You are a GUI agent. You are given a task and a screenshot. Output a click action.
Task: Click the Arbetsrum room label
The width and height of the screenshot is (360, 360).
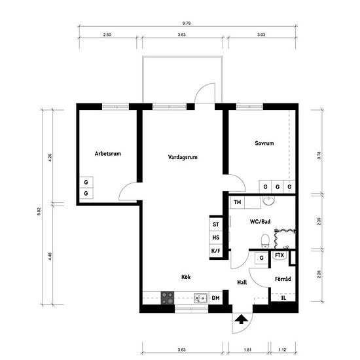(108, 154)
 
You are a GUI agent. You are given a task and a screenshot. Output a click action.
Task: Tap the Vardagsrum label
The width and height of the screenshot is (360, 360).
(183, 157)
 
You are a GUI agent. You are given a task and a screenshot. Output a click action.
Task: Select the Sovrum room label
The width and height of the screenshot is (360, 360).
(264, 143)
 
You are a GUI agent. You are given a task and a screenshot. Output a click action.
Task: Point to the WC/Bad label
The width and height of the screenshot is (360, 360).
(260, 221)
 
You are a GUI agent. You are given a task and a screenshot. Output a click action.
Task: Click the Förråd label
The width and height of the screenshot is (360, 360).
(283, 279)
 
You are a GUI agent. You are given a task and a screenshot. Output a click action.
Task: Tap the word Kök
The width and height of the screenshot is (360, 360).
(186, 277)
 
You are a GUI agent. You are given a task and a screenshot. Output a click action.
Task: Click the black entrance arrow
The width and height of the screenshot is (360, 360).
(241, 319)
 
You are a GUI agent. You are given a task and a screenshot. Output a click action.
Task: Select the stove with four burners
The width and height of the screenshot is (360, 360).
(168, 298)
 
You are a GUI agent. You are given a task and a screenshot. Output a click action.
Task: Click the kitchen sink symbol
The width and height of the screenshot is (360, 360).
(200, 298)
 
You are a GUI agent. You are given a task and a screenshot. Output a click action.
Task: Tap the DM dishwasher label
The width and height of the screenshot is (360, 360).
(215, 298)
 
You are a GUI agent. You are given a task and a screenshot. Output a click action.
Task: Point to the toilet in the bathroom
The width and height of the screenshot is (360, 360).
(265, 242)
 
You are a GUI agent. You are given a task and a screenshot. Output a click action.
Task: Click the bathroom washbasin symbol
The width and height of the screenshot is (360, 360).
(268, 201)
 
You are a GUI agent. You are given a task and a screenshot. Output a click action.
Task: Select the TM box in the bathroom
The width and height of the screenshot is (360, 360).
(238, 202)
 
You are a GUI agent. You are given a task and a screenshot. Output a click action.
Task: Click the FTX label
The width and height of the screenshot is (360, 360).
(279, 255)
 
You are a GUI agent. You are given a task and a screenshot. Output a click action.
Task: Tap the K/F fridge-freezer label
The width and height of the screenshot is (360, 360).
(215, 251)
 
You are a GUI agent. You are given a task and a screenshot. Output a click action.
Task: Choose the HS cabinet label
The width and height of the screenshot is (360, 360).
(216, 238)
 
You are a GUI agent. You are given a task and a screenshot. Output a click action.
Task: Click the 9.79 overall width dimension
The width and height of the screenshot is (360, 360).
(187, 23)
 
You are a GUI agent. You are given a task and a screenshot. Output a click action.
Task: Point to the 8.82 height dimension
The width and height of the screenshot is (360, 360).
(39, 211)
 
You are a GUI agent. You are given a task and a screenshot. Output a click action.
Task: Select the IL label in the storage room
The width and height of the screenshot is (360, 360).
(283, 298)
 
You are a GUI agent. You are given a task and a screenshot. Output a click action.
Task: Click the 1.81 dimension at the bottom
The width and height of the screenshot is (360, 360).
(247, 350)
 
